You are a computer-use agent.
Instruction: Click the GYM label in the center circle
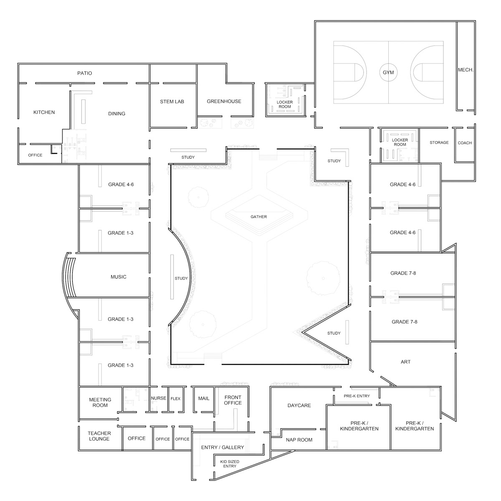click(388, 73)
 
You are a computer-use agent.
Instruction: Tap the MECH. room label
click(466, 70)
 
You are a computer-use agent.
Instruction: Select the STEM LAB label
click(172, 101)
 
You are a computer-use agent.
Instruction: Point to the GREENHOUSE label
click(224, 101)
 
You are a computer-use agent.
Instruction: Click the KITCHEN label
click(44, 112)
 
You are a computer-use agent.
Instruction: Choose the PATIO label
click(84, 73)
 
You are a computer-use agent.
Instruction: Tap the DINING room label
click(116, 114)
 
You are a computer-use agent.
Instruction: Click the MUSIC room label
click(118, 277)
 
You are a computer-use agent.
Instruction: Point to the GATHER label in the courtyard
click(258, 217)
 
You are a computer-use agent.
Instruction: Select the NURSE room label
click(158, 398)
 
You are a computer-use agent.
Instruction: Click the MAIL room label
click(204, 399)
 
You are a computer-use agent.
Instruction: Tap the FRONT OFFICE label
click(233, 400)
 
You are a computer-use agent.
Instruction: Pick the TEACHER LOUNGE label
click(99, 436)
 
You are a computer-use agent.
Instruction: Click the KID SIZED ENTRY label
click(230, 464)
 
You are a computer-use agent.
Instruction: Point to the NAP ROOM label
click(299, 440)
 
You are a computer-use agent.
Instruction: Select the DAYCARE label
click(299, 405)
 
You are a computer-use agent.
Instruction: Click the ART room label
click(405, 362)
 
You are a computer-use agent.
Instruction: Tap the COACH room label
click(465, 143)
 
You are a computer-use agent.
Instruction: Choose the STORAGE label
click(439, 142)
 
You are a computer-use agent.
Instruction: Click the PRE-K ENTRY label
click(357, 396)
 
